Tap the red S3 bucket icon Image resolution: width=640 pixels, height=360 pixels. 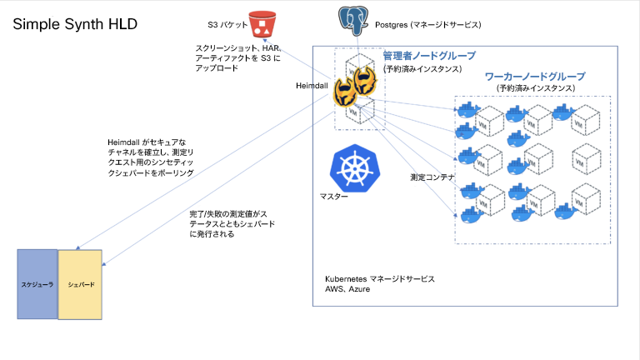point(264,24)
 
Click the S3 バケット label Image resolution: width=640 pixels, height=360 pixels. point(227,25)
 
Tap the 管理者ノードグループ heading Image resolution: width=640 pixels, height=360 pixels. point(428,56)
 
